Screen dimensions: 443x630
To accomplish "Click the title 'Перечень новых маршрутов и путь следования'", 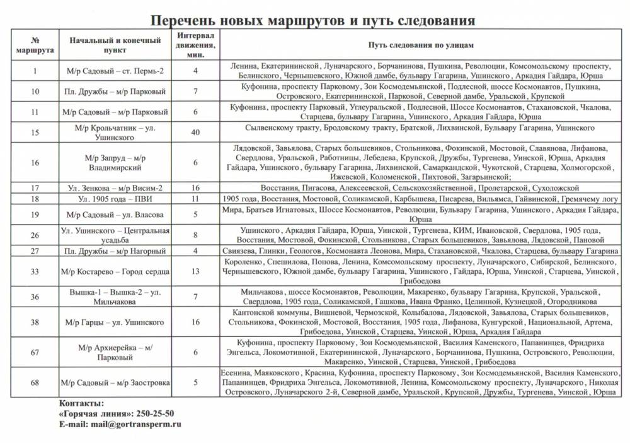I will [x=313, y=20].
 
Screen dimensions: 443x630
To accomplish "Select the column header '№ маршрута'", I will [x=35, y=45].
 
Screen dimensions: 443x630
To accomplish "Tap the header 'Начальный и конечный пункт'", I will [x=115, y=45].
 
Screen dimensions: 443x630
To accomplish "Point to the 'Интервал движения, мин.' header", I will [x=195, y=45].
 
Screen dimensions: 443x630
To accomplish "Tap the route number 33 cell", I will [x=35, y=271].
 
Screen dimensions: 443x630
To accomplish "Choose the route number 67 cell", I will [x=35, y=353].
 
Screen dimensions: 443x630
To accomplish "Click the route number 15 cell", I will [x=35, y=132].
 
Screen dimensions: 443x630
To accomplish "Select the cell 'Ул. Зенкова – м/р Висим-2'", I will [x=115, y=188].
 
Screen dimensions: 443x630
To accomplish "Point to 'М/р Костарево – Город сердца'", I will [x=115, y=271].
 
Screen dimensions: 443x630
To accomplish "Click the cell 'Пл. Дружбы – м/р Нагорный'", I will [x=115, y=251].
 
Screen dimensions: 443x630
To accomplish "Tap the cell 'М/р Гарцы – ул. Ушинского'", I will [x=115, y=322].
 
